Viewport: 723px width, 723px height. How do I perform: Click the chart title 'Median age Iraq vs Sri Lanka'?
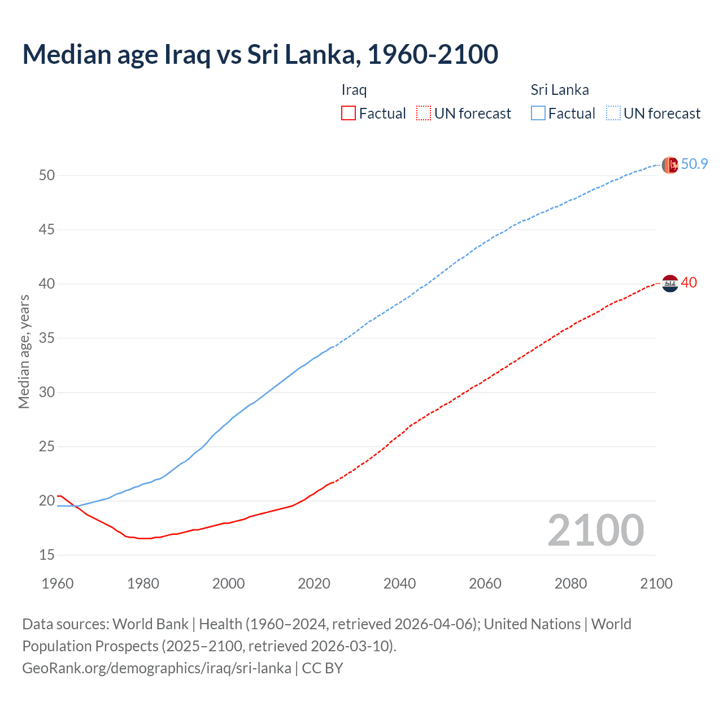[x=260, y=54]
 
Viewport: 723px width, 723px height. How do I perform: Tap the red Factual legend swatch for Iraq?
[x=349, y=114]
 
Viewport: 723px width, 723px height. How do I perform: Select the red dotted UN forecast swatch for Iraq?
[x=424, y=114]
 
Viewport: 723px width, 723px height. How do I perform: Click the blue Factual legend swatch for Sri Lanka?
[x=538, y=114]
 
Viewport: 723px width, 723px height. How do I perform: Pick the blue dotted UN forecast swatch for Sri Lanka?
[x=613, y=114]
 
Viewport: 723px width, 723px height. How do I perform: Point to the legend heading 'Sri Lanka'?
[x=559, y=90]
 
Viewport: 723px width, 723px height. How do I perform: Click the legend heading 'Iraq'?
[x=354, y=90]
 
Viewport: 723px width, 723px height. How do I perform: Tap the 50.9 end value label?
[x=694, y=164]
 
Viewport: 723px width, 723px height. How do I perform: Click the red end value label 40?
[x=689, y=282]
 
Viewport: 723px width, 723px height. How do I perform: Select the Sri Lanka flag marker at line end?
[x=670, y=165]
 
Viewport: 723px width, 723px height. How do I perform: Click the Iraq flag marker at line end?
[x=670, y=283]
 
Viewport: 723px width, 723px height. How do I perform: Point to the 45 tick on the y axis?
[x=47, y=229]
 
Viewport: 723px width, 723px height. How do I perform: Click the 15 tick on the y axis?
[x=47, y=555]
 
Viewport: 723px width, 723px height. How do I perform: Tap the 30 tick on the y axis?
[x=47, y=392]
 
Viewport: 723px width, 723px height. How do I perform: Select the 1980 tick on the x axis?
[x=143, y=583]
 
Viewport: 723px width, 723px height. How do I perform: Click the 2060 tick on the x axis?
[x=485, y=583]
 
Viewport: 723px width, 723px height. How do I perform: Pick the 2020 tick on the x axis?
[x=314, y=583]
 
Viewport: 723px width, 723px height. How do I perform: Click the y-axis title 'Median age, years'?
[x=24, y=351]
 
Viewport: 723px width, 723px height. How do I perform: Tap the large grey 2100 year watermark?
[x=595, y=530]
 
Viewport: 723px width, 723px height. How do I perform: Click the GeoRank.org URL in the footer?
[x=156, y=668]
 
